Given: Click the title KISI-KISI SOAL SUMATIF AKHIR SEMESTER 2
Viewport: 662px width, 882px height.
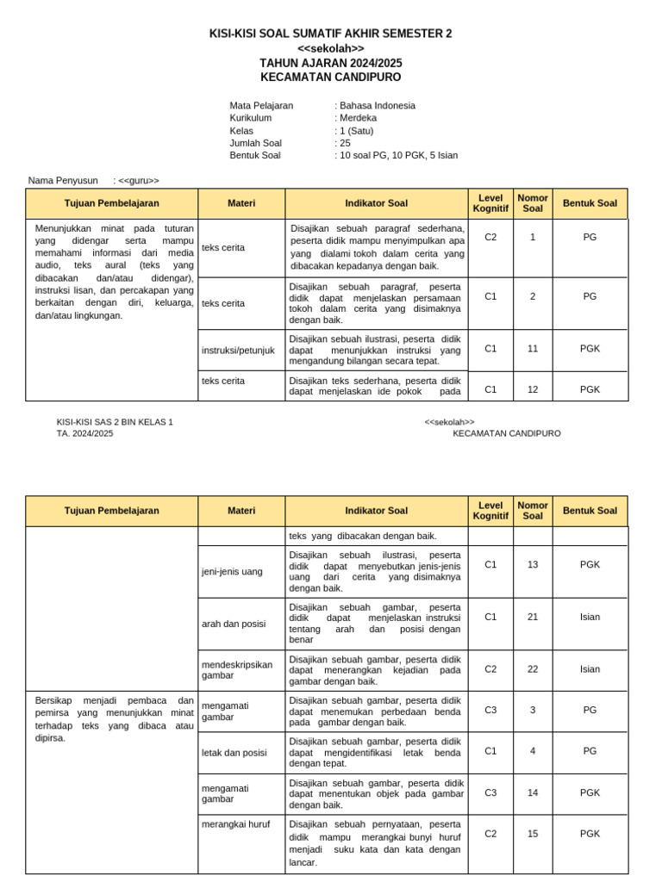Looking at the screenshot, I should [x=330, y=34].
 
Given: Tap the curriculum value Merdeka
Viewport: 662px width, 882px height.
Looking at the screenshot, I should [x=359, y=118].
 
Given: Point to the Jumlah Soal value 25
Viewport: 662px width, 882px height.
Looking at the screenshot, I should [x=345, y=143].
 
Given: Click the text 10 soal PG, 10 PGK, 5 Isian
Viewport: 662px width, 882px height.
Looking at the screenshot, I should [x=399, y=155].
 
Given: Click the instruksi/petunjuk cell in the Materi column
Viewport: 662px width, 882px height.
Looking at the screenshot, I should [x=238, y=350].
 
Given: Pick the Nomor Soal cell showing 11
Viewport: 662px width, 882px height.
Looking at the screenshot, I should [x=533, y=349].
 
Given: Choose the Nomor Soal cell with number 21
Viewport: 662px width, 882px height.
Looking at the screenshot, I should [x=533, y=617].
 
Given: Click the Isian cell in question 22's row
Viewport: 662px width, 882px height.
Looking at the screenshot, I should [x=590, y=669].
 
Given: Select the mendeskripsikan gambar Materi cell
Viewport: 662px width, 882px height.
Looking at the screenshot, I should [x=237, y=670].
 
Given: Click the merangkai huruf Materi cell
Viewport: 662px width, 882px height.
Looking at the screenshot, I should [x=235, y=824].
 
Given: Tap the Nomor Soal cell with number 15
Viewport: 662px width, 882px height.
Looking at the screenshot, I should [x=533, y=834].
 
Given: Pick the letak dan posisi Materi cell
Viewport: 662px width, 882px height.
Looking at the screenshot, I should [x=234, y=752].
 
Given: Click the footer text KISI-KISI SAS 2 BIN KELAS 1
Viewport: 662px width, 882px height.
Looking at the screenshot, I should [x=115, y=422].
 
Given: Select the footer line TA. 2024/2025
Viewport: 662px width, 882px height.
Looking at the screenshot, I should [x=84, y=434].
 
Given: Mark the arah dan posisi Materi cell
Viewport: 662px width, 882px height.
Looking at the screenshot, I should [x=234, y=624].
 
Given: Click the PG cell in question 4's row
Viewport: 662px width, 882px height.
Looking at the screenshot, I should [x=590, y=751].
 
